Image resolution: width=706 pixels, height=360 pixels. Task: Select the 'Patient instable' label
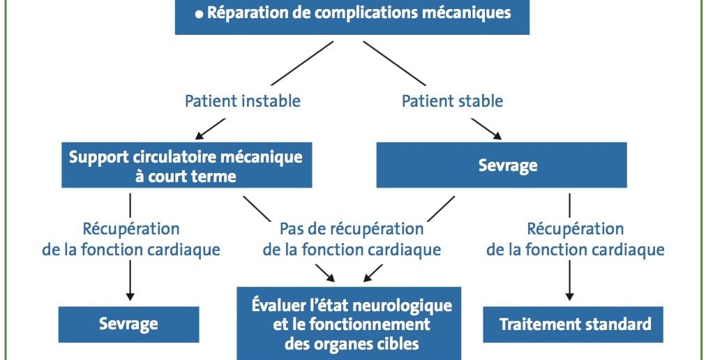243,101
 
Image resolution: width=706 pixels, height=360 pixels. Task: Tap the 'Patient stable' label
453,101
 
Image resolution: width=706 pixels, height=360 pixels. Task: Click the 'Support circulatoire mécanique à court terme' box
186,165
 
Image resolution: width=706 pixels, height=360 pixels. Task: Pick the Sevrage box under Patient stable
502,165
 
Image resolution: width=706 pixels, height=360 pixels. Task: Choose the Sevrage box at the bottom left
129,324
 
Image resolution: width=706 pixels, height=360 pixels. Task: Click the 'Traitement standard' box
573,324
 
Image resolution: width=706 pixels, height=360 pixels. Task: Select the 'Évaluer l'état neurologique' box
349,324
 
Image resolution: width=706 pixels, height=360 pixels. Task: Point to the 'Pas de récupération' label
352,229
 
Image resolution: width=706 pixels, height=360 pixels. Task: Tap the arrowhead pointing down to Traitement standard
569,296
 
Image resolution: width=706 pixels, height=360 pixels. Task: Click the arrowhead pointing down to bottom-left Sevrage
130,296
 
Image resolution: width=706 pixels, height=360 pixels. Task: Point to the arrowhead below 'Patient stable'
496,135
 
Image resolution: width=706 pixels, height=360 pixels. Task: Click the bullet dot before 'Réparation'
199,15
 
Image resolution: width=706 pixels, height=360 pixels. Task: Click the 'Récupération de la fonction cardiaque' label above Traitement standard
576,239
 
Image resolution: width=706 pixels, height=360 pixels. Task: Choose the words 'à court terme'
186,177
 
